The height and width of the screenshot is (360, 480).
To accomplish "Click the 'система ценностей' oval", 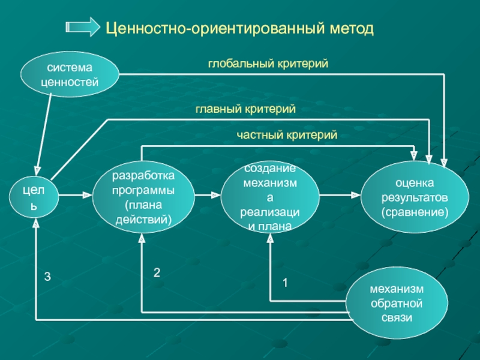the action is tap(70, 74).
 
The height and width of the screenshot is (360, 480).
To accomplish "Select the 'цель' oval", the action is tap(34, 197).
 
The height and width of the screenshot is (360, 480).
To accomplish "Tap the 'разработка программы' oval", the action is tap(143, 197).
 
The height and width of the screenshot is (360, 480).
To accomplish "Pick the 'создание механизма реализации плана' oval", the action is tap(269, 197).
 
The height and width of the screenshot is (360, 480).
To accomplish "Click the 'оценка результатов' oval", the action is tap(415, 197).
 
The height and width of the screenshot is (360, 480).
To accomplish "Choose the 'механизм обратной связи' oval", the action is tap(397, 303).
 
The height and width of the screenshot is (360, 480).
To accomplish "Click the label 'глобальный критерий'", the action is tap(268, 64).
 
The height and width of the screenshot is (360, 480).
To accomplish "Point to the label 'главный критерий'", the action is tap(245, 109).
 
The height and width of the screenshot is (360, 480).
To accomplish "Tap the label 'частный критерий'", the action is tap(287, 134).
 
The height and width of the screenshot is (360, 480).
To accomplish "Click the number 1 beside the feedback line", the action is tap(286, 283).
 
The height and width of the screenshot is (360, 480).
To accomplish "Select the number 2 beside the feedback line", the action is tap(157, 272).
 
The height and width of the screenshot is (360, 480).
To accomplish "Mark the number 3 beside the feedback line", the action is tap(47, 277).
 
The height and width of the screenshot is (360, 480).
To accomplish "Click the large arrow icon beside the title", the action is tap(83, 27).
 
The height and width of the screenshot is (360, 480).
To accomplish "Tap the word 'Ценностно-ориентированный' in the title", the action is tap(215, 29).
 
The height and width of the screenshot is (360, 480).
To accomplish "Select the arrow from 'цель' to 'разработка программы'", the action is tap(76, 194).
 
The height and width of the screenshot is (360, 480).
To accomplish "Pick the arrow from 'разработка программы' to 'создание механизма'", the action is tap(208, 194).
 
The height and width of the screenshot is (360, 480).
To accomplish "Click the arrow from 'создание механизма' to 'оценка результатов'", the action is tap(340, 194).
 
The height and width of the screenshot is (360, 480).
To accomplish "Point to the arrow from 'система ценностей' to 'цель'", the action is tap(44, 134).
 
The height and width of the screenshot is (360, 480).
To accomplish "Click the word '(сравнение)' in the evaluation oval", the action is tap(415, 212).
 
